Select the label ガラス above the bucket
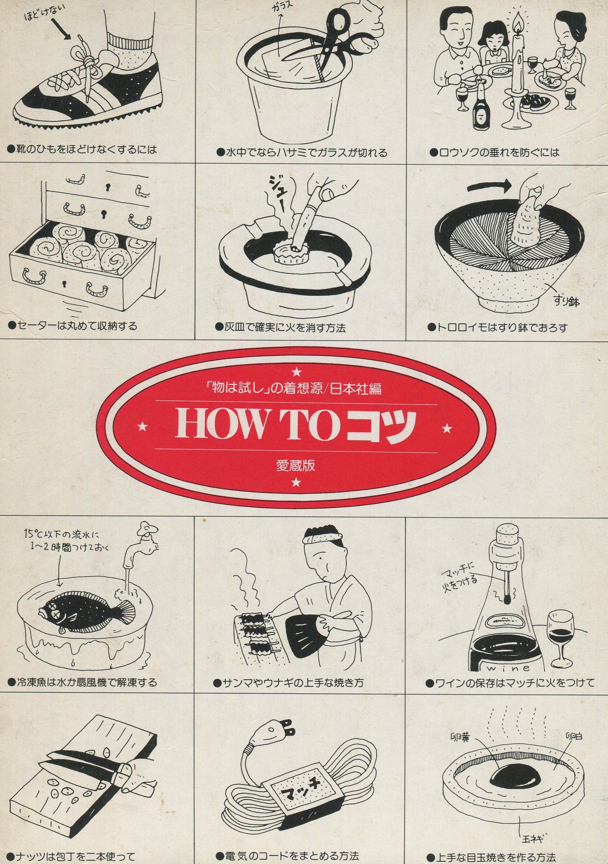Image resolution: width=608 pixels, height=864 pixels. tap(282, 8)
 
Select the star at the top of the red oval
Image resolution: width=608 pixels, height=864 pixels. tap(297, 372)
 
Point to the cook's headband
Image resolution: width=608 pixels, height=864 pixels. tap(323, 537)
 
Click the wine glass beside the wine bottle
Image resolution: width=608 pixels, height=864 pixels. tap(561, 641)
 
